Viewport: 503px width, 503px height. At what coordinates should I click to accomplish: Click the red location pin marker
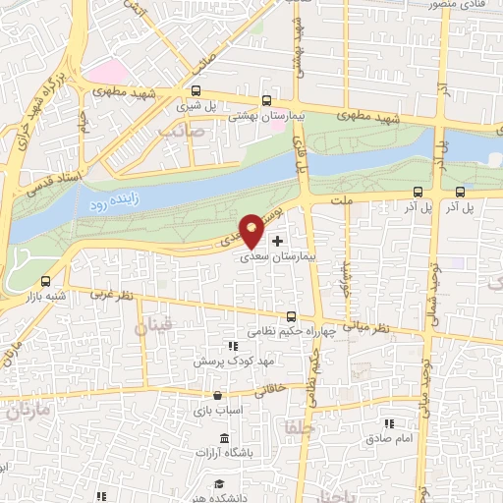click(252, 230)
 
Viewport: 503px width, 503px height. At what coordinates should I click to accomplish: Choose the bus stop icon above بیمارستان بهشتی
click(266, 101)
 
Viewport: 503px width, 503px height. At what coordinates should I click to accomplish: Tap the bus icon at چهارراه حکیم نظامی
click(290, 316)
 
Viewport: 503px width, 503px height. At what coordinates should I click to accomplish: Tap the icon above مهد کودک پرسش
click(232, 346)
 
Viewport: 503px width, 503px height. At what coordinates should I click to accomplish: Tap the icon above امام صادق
click(389, 422)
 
